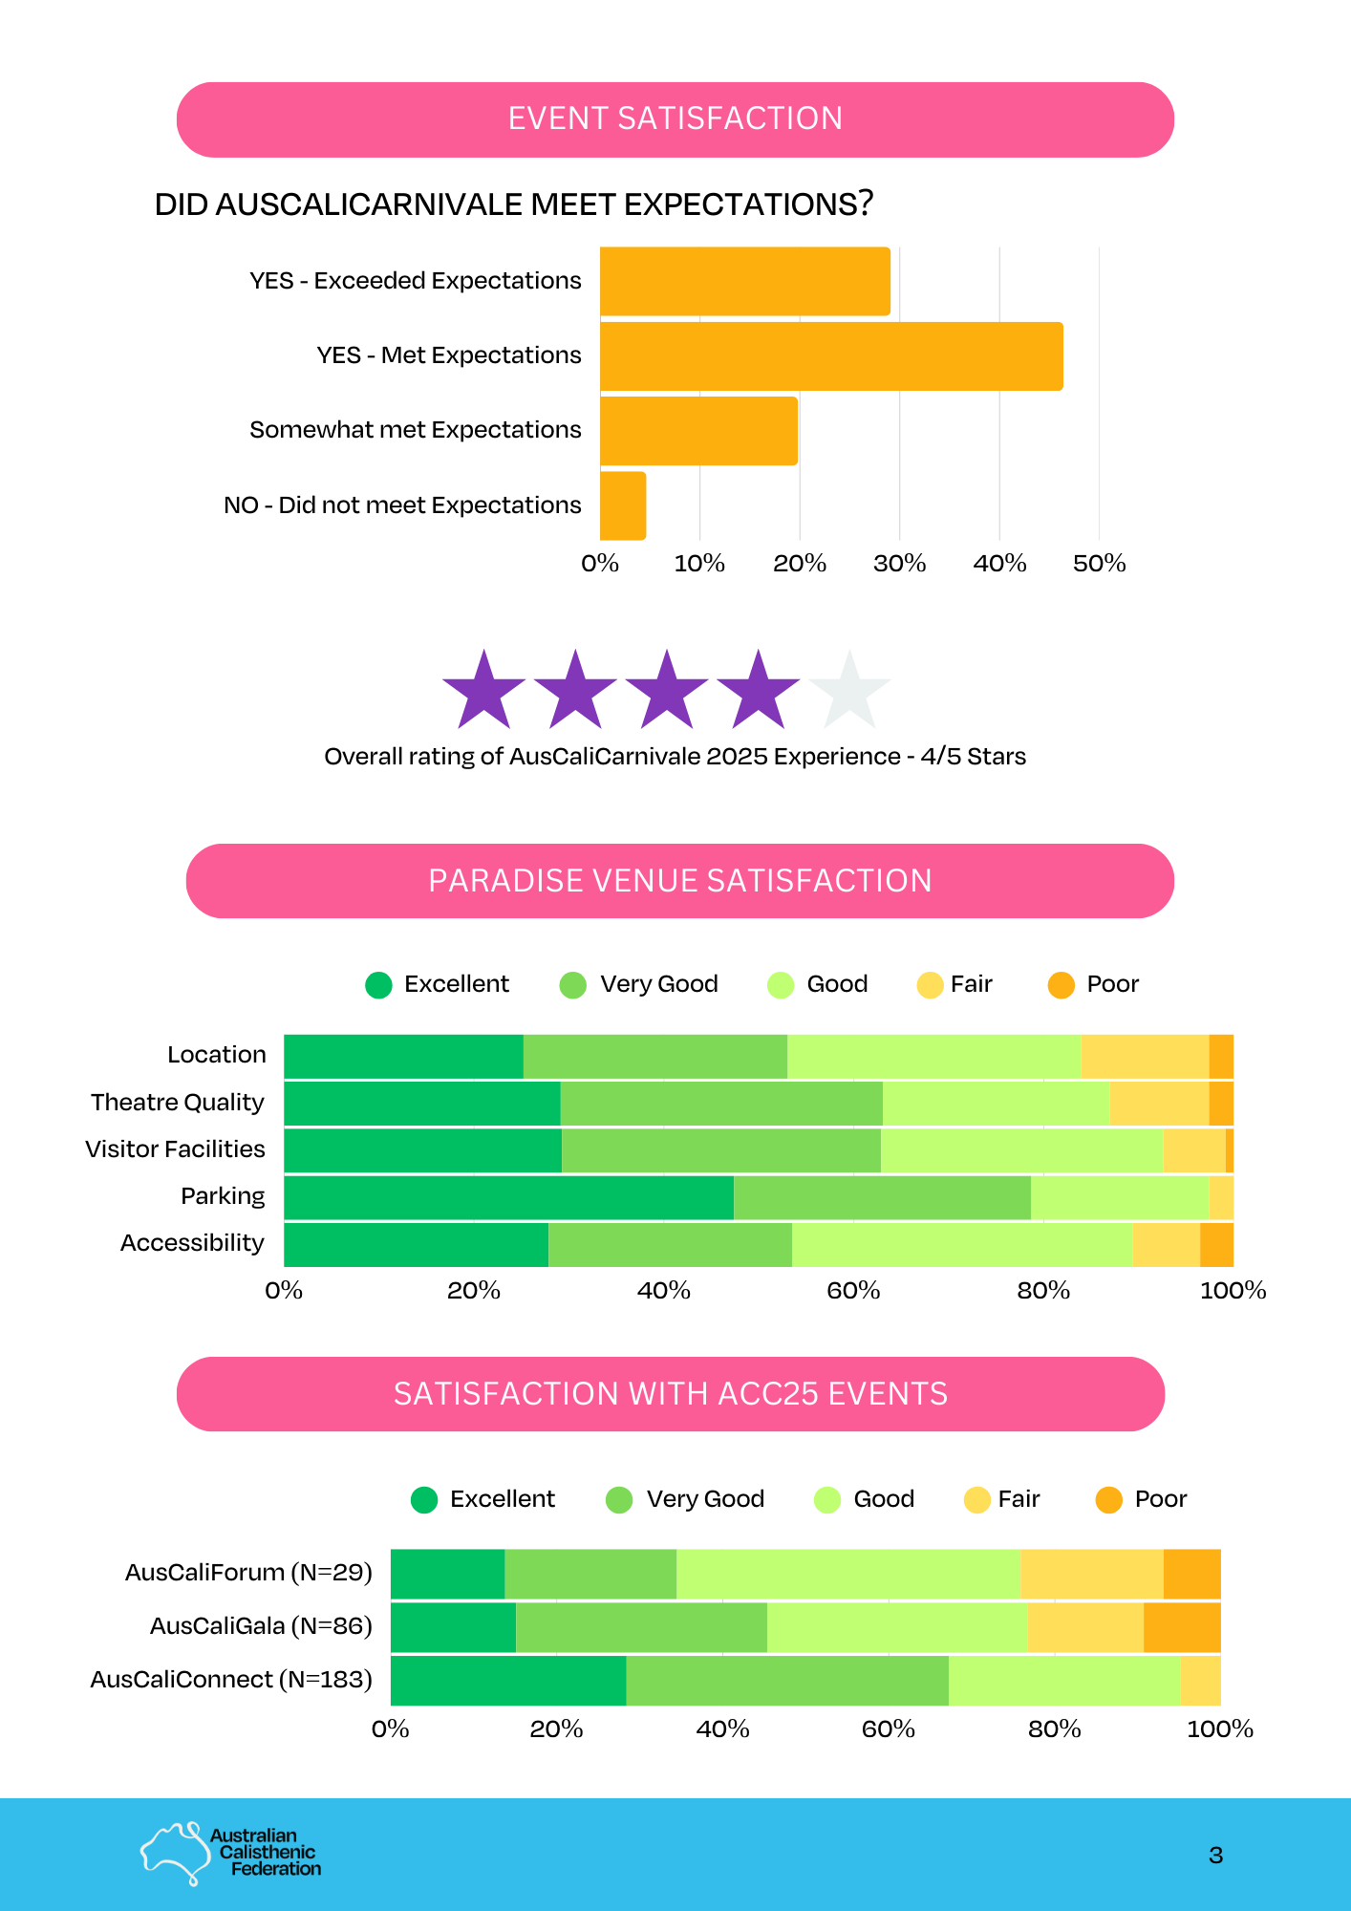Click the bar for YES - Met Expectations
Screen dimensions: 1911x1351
(x=831, y=356)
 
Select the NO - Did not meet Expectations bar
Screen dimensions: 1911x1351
(x=623, y=505)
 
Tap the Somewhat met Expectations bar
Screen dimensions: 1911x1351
(x=698, y=431)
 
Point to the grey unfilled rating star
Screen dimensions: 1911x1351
(x=849, y=691)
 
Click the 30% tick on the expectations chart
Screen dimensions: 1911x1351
(x=899, y=564)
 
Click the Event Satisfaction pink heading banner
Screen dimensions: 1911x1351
(x=675, y=119)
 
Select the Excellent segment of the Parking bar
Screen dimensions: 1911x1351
(x=508, y=1197)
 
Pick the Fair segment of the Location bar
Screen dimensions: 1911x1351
(x=1145, y=1057)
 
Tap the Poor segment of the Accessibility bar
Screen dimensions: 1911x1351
(x=1216, y=1244)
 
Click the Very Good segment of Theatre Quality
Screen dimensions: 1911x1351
(x=721, y=1104)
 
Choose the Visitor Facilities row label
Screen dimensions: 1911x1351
(x=175, y=1149)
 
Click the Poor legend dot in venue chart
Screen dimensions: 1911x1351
(x=1061, y=985)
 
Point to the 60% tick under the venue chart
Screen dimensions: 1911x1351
(x=853, y=1291)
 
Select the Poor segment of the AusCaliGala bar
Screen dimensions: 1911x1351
(x=1182, y=1627)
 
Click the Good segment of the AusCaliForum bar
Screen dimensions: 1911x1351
(x=848, y=1574)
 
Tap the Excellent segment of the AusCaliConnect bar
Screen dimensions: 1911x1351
(x=508, y=1681)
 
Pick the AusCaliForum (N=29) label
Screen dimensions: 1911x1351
(x=248, y=1573)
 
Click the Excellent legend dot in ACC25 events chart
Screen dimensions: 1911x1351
(x=424, y=1500)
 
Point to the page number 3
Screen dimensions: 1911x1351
(x=1215, y=1856)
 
